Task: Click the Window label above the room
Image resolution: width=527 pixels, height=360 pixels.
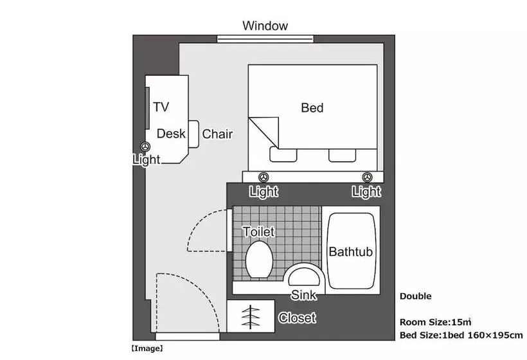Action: click(x=265, y=26)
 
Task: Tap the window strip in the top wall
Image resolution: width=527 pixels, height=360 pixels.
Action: click(x=265, y=39)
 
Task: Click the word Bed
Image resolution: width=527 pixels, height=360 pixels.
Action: click(x=312, y=108)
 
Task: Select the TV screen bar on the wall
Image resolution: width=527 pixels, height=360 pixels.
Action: click(x=147, y=108)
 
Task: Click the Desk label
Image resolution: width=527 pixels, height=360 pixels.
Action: click(x=171, y=134)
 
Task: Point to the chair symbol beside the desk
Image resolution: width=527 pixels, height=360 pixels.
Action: click(x=193, y=134)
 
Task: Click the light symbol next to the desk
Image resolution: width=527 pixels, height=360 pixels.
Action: click(x=145, y=147)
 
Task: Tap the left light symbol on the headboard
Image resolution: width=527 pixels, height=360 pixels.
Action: click(x=263, y=177)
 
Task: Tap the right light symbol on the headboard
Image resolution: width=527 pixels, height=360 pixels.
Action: click(x=368, y=177)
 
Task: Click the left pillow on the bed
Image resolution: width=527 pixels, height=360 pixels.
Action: click(x=283, y=155)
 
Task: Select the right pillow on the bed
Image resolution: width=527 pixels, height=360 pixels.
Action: click(x=342, y=155)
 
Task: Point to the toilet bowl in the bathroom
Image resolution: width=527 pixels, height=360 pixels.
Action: click(x=259, y=259)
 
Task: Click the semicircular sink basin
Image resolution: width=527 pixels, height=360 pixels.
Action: click(x=304, y=276)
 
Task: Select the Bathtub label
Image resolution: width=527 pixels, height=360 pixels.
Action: click(x=350, y=252)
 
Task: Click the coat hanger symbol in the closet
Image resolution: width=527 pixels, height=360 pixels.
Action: click(x=251, y=317)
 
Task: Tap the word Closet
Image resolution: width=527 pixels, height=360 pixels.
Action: click(x=297, y=318)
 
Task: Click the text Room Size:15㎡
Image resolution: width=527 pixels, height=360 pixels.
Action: click(x=436, y=322)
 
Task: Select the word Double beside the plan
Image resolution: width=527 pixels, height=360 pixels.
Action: click(x=416, y=296)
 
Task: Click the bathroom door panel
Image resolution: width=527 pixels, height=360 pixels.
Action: click(x=229, y=230)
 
